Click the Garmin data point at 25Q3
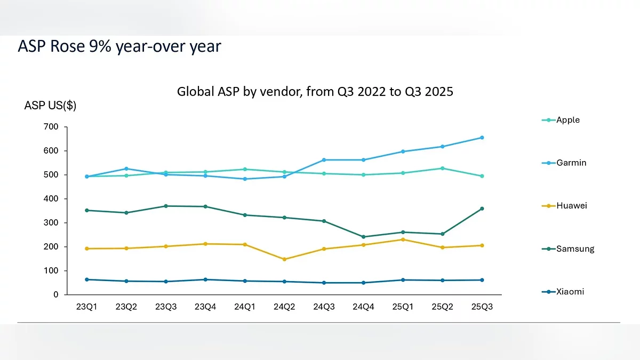coord(482,138)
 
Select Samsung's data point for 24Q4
coord(363,237)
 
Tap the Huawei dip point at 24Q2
coord(284,259)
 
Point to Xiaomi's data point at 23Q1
coord(86,279)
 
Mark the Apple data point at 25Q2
coord(442,169)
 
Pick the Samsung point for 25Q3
coord(482,209)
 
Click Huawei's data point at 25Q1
coord(403,239)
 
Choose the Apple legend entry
coord(567,120)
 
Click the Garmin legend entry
coord(571,163)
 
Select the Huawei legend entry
coord(571,206)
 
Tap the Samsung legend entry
coord(574,249)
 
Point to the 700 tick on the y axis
coord(51,127)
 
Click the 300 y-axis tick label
coord(51,223)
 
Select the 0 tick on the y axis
coord(56,295)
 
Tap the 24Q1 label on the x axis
coord(245,307)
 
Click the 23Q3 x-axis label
coord(166,307)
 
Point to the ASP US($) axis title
coord(50,106)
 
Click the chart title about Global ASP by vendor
coord(315,92)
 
